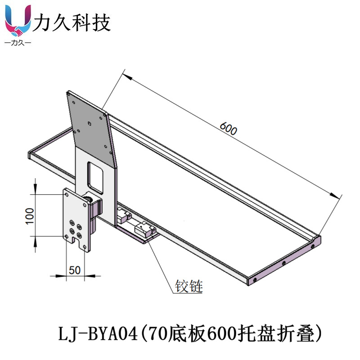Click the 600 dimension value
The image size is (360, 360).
coord(229,129)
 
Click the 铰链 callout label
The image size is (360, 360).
coord(189,286)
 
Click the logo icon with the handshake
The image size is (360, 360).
coord(18,22)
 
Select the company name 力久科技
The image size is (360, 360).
coord(72,22)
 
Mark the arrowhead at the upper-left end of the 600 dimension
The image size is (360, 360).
coord(127,77)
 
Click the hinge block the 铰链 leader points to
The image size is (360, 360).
coord(145,230)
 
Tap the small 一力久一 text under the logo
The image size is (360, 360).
coord(18,43)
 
